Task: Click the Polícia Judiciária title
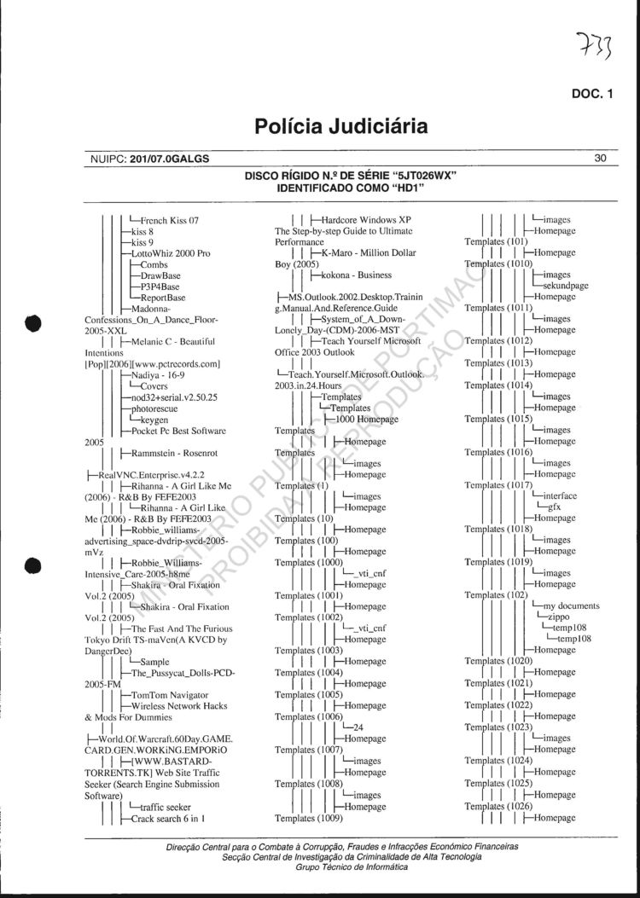341,128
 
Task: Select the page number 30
600,158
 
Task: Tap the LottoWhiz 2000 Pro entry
171,253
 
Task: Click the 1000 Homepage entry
367,420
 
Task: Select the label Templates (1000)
310,563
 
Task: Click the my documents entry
571,605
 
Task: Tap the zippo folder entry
559,617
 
